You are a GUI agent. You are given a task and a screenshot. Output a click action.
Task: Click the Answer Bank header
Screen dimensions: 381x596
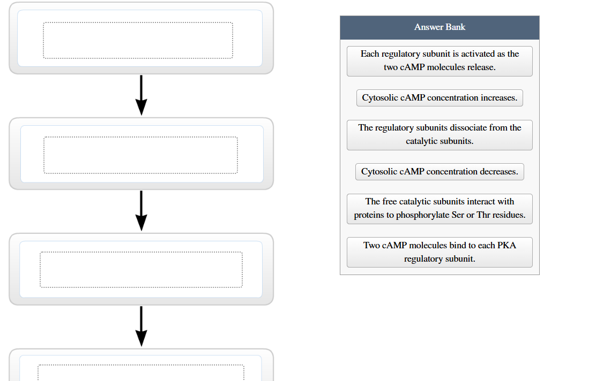click(439, 27)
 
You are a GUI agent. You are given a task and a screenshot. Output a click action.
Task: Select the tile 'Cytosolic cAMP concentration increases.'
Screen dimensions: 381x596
click(439, 98)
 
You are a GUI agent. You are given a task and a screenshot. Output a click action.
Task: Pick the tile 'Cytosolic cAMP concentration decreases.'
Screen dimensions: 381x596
click(439, 172)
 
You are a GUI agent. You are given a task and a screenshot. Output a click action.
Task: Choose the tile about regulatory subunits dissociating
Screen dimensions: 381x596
click(439, 135)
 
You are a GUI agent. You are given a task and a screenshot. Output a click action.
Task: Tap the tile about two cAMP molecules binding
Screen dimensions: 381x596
click(439, 252)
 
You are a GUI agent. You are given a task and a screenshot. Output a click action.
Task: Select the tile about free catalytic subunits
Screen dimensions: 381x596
click(439, 209)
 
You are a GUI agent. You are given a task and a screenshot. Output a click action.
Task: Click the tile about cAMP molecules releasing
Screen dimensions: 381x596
click(439, 61)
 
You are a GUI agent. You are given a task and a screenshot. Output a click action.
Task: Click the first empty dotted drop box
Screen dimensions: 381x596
click(138, 40)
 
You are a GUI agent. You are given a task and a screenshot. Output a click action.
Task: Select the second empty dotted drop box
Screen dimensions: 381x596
click(140, 155)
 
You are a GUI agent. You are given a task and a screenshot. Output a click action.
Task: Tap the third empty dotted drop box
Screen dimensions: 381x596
click(141, 270)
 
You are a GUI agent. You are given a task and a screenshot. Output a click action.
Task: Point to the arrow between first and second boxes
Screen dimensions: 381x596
click(141, 95)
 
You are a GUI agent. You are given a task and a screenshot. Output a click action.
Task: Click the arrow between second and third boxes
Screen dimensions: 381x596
click(141, 211)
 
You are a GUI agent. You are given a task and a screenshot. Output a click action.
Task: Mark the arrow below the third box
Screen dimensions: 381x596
click(141, 326)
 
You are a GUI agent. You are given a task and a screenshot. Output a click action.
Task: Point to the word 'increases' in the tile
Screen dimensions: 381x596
click(498, 98)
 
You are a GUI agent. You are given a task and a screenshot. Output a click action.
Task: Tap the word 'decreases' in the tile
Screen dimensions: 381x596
click(498, 172)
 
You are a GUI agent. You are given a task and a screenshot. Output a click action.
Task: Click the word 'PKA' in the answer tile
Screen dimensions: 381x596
click(506, 246)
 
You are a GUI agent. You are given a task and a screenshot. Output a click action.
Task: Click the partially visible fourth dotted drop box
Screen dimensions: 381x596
click(141, 373)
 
